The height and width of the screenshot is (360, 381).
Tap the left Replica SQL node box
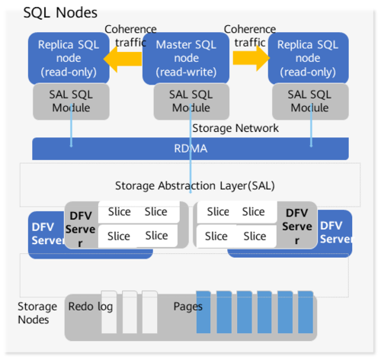pos(66,58)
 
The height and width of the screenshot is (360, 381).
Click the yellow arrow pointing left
pos(122,58)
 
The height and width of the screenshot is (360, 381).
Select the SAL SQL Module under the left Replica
pos(66,100)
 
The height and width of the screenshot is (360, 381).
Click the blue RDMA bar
pos(190,149)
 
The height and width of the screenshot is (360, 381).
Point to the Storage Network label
pos(235,128)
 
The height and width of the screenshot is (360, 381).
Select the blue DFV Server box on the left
pos(44,233)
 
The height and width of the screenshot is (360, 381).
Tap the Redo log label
pos(91,306)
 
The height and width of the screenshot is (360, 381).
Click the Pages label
pos(187,306)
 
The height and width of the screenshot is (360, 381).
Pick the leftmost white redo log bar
pos(109,313)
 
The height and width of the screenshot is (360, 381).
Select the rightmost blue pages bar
pos(305,313)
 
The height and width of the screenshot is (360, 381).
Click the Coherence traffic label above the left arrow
pos(130,35)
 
